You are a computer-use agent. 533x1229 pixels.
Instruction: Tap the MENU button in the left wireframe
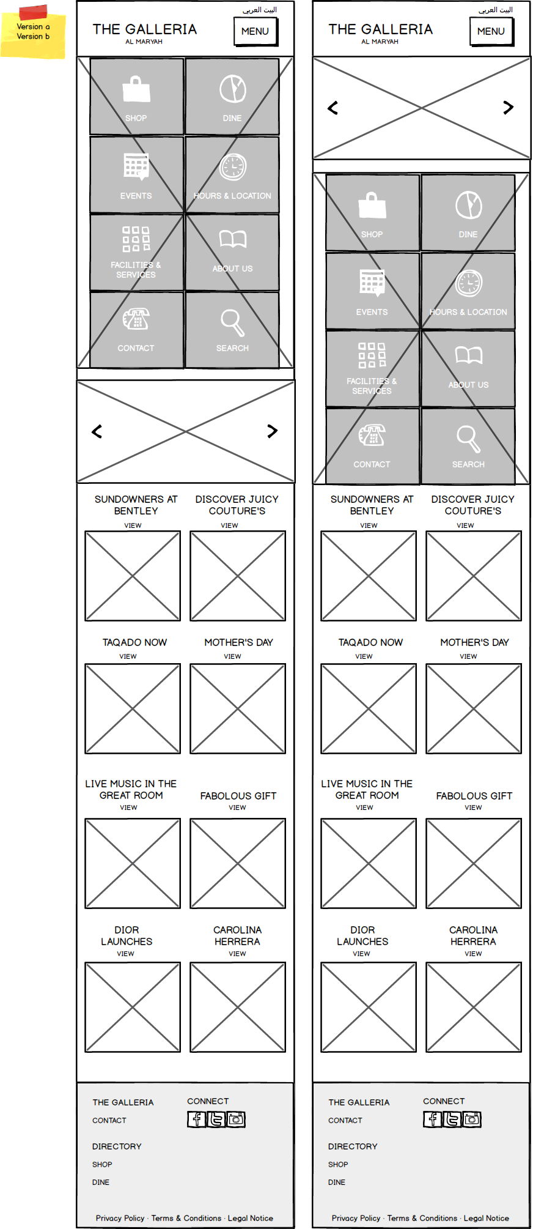pos(255,31)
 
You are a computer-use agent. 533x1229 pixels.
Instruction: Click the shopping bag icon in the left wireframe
pos(136,89)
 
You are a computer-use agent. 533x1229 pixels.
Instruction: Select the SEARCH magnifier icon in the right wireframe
pos(468,438)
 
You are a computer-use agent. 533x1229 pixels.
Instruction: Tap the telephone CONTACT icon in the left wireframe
pos(136,319)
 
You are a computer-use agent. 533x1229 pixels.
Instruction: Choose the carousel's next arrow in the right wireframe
pos(508,108)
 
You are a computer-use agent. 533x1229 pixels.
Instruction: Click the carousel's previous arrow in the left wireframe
pos(97,431)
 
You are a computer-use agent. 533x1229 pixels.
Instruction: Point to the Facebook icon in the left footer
pos(196,1119)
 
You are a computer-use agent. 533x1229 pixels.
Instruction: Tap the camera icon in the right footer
pos(472,1119)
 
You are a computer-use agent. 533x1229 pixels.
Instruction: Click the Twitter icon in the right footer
pos(452,1119)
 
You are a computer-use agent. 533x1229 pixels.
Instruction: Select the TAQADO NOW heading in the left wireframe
pos(134,642)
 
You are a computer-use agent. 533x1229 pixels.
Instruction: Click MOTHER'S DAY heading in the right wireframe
pos(474,642)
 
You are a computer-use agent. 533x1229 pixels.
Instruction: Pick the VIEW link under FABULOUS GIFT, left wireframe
pos(237,808)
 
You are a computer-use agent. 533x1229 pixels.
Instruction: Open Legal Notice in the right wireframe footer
pos(486,1218)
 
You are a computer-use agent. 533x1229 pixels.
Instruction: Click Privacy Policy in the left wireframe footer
pos(120,1218)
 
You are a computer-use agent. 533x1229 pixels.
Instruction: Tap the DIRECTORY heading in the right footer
pos(353,1146)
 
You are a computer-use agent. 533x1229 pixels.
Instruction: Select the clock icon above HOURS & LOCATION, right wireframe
pos(469,283)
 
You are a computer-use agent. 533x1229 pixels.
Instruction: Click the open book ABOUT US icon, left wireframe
pos(233,239)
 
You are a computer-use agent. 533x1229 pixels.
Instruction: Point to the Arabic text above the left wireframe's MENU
pos(260,10)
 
